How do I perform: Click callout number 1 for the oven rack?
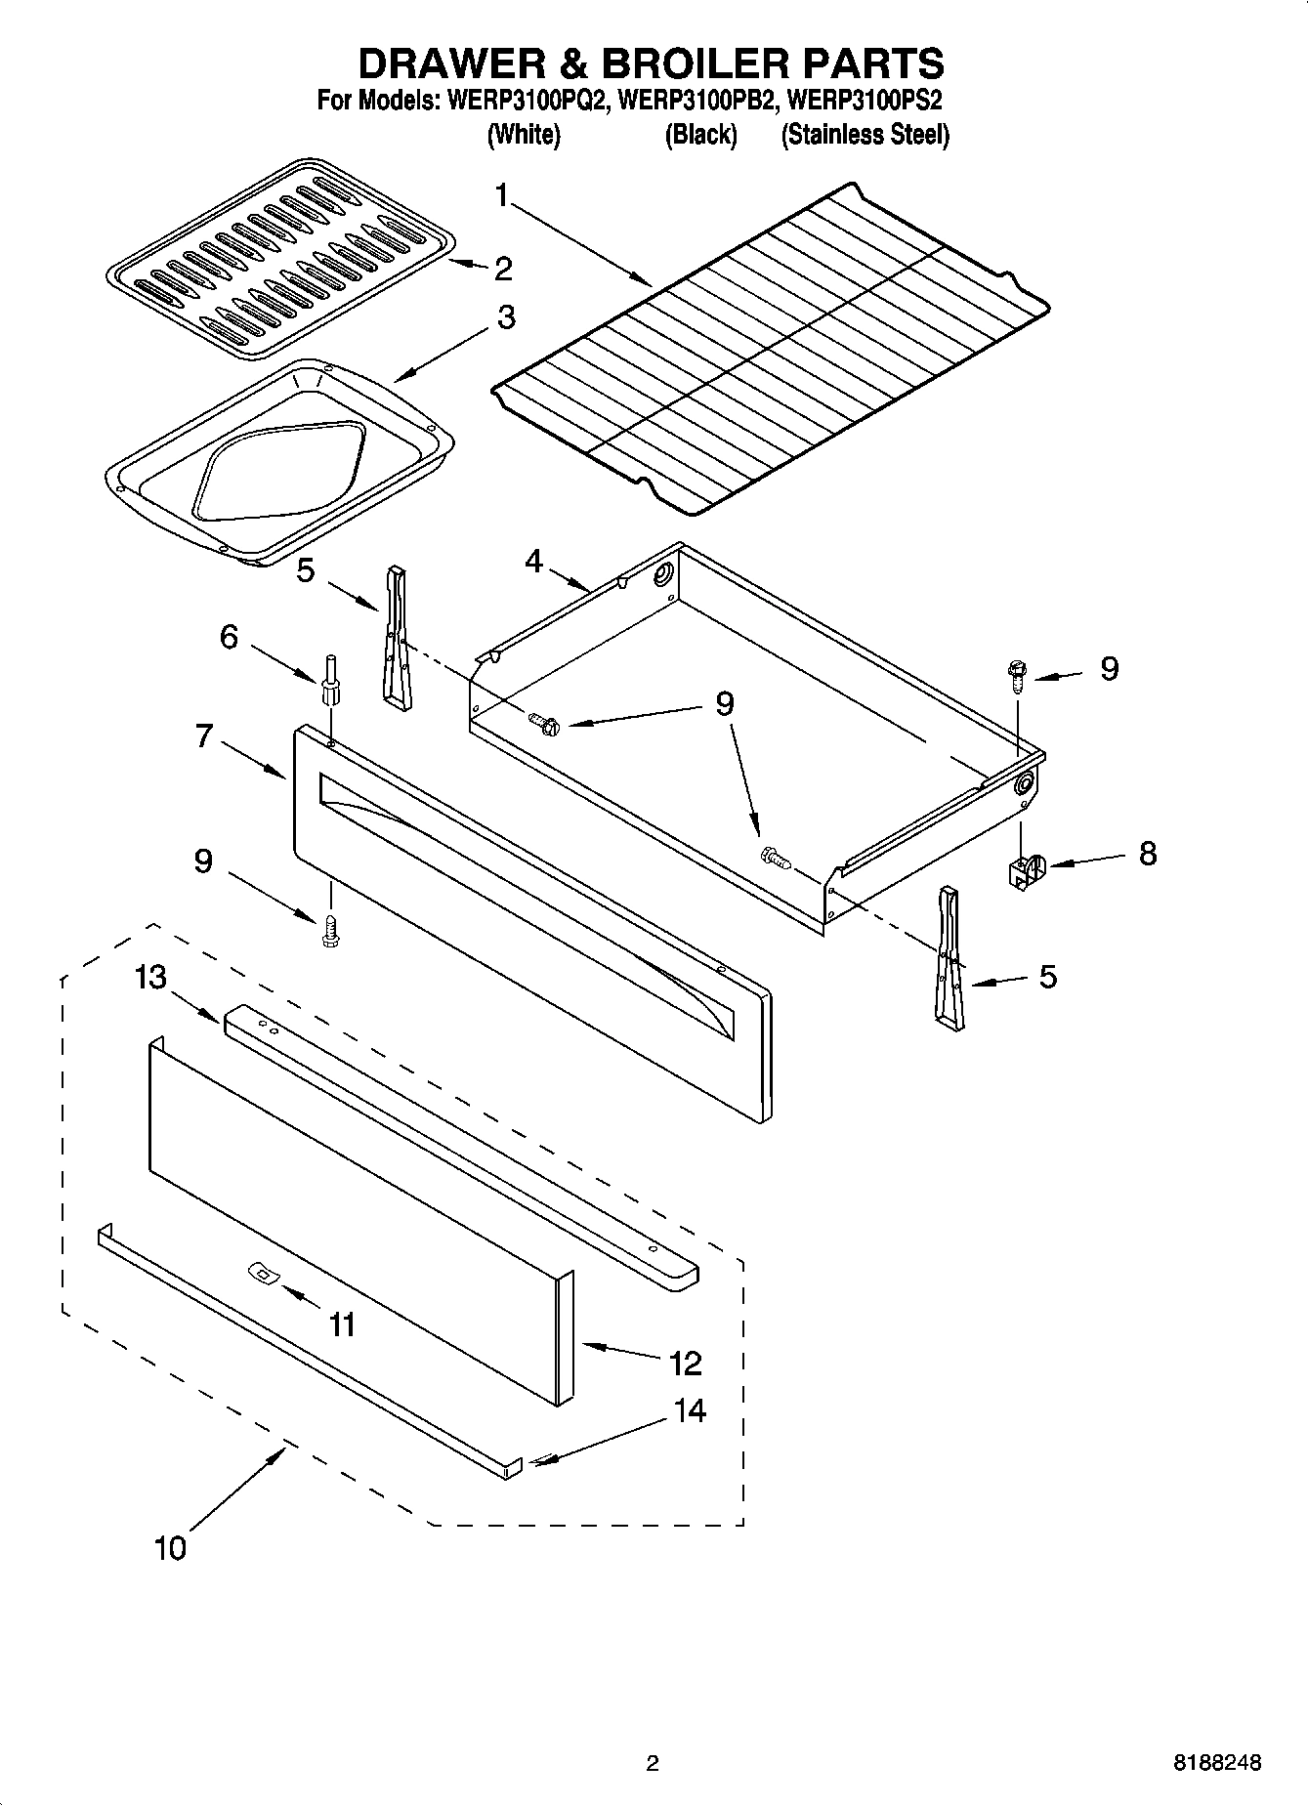[x=501, y=196]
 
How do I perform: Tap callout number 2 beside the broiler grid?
[x=502, y=268]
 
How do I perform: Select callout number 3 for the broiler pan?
[x=506, y=317]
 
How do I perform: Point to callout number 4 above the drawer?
[x=534, y=562]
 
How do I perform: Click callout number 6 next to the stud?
[x=228, y=637]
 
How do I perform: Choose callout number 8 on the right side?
[x=1147, y=853]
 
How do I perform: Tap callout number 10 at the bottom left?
[x=169, y=1548]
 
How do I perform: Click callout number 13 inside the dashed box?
[x=150, y=977]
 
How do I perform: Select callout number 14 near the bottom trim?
[x=690, y=1410]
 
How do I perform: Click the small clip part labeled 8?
[x=1024, y=868]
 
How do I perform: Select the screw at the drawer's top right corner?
[x=1016, y=673]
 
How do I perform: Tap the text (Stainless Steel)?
[x=865, y=135]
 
